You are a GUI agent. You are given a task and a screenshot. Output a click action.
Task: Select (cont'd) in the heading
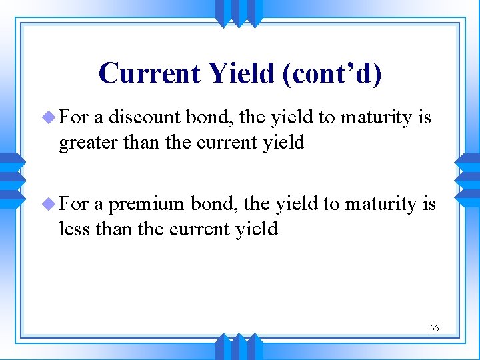[x=332, y=73]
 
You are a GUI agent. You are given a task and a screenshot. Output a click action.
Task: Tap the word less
[x=74, y=229]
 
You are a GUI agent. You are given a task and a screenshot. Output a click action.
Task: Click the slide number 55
[x=434, y=328]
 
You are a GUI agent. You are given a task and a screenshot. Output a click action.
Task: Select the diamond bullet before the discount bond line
[x=51, y=118]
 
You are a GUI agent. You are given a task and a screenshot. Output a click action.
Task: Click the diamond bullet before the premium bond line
[x=51, y=204]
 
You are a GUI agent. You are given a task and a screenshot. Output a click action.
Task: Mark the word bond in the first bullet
[x=202, y=117]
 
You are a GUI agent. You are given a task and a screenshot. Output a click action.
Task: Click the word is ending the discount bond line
[x=425, y=117]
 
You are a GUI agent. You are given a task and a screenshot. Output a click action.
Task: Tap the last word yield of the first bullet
[x=281, y=143]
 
